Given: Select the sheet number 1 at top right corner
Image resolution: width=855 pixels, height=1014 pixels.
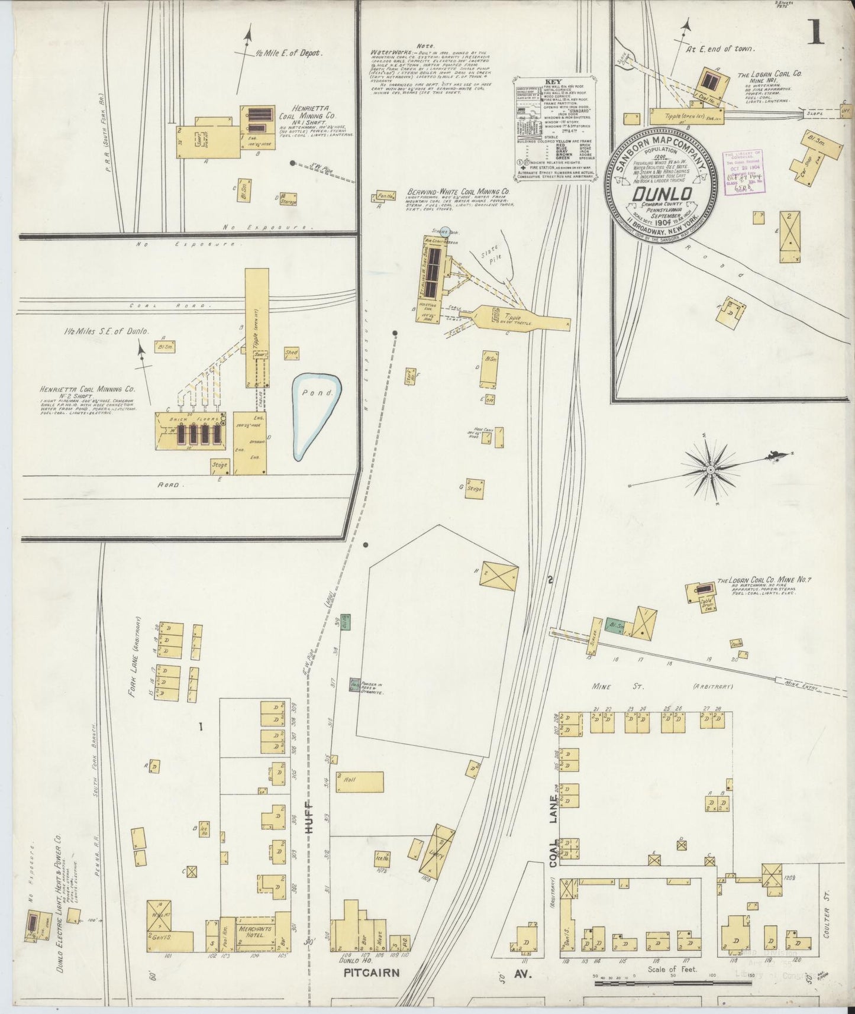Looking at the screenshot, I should pyautogui.click(x=815, y=33).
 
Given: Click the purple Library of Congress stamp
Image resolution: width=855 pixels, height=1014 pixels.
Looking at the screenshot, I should pyautogui.click(x=744, y=171).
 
